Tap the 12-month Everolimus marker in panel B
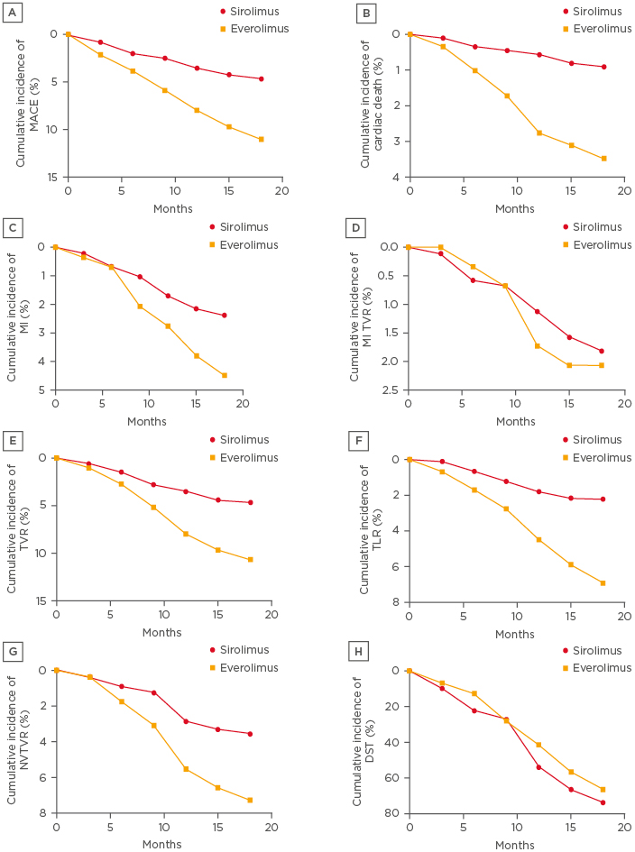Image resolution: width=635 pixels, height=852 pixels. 539,133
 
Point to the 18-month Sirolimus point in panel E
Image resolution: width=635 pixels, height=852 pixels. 250,502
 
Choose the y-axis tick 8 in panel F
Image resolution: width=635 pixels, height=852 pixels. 395,602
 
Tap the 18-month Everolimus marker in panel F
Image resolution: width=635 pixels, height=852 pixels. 603,583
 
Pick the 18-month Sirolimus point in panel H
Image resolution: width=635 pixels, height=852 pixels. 603,802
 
